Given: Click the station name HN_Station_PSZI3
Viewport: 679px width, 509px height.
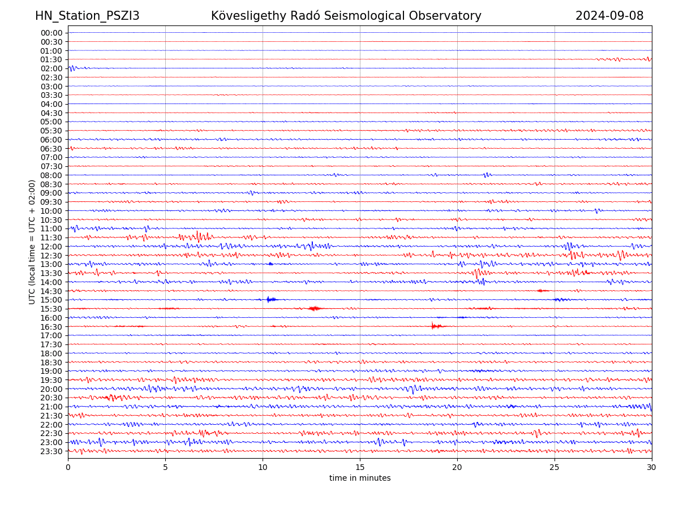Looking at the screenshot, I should [x=87, y=16].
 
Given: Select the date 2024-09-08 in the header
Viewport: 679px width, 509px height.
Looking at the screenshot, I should [x=609, y=16].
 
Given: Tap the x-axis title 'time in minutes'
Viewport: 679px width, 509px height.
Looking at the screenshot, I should [x=360, y=478].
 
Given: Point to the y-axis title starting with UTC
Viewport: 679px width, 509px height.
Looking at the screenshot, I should [x=32, y=242].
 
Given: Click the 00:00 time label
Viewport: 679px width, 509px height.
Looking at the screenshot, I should [x=51, y=33].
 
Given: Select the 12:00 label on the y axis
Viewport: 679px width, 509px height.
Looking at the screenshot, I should [x=51, y=247].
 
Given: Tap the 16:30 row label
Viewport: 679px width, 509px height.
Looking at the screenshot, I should [x=51, y=327].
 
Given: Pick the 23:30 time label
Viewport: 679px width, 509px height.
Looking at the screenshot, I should [x=51, y=451].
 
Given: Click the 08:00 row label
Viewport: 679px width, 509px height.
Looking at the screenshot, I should [x=51, y=175].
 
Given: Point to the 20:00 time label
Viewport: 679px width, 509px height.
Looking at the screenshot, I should [x=51, y=389].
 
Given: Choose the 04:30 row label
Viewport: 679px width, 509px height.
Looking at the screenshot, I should [x=51, y=113].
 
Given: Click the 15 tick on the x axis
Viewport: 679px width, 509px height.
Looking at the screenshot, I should [x=360, y=468].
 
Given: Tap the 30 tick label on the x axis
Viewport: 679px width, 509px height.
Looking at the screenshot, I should [x=652, y=468].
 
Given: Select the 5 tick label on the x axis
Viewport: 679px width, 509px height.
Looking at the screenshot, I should [x=165, y=468].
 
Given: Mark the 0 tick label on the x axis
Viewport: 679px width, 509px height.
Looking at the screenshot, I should [x=68, y=468].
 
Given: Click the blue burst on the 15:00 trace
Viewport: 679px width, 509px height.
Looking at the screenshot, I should [x=270, y=299].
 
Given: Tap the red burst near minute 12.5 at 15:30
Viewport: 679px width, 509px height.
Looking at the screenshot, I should [x=314, y=308].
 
